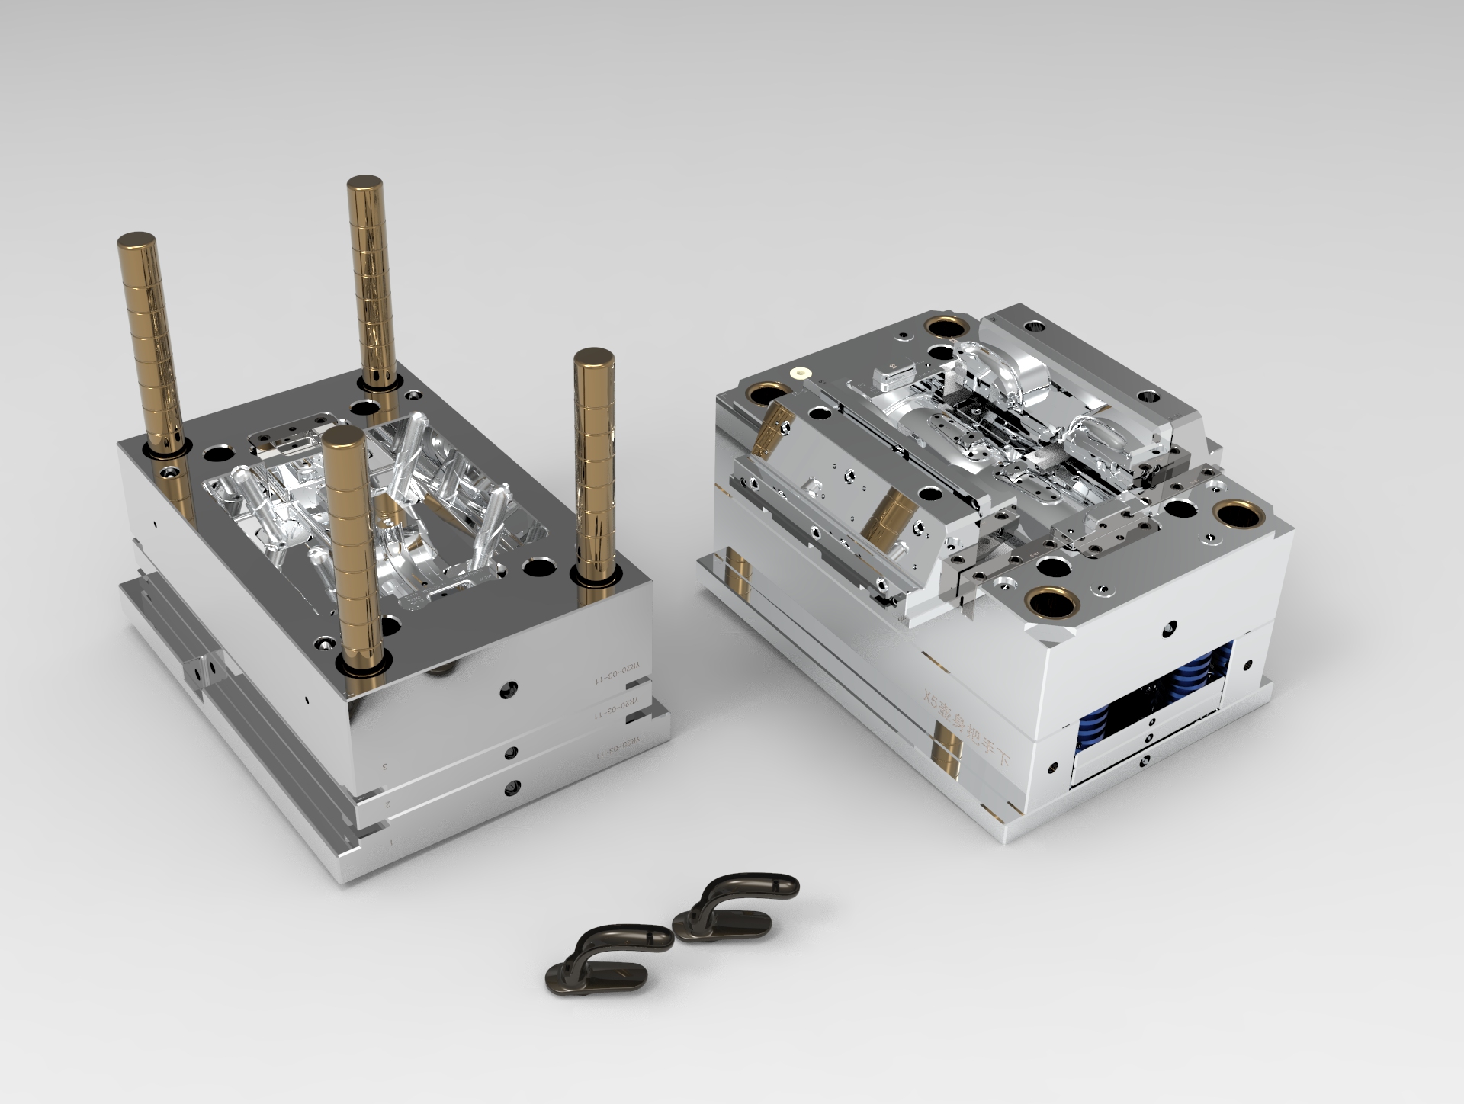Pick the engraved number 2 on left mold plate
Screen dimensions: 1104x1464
pos(388,803)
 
